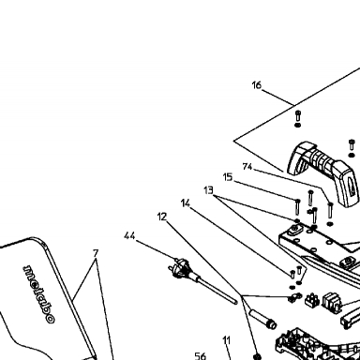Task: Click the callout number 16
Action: tap(256, 85)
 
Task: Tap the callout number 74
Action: tap(247, 167)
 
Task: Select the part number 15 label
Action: tap(228, 177)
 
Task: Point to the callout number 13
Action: tap(208, 190)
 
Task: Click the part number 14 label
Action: tap(186, 203)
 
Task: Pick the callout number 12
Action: tap(162, 217)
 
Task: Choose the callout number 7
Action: tap(96, 253)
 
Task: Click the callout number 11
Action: tap(227, 340)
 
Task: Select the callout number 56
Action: tap(201, 356)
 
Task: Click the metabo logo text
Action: tap(39, 294)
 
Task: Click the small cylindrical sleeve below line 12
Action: tap(262, 319)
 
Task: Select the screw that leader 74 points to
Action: tap(330, 210)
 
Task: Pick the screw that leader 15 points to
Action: tap(297, 207)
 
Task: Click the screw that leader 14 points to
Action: tap(292, 275)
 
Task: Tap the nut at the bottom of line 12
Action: tap(257, 356)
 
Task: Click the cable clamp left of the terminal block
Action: tap(294, 297)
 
